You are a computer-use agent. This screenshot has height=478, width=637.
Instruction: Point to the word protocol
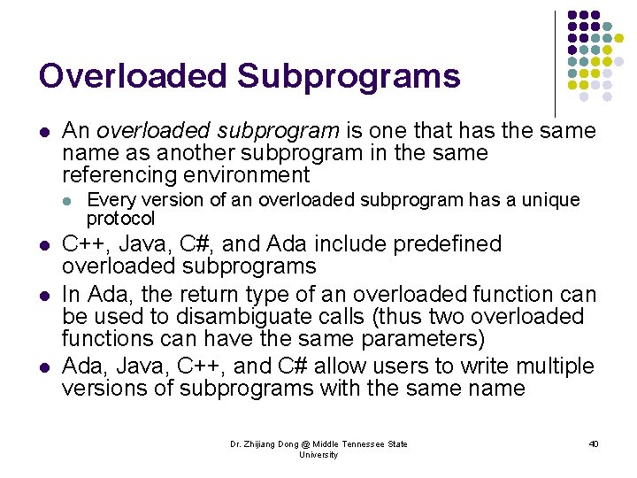pos(120,218)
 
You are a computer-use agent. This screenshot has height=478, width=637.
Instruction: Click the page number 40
pos(593,443)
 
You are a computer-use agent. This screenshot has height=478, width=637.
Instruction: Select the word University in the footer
pos(318,454)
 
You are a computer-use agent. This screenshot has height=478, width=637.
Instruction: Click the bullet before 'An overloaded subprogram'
pos(43,133)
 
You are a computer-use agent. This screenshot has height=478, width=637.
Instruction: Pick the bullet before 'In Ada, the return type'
pos(43,295)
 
